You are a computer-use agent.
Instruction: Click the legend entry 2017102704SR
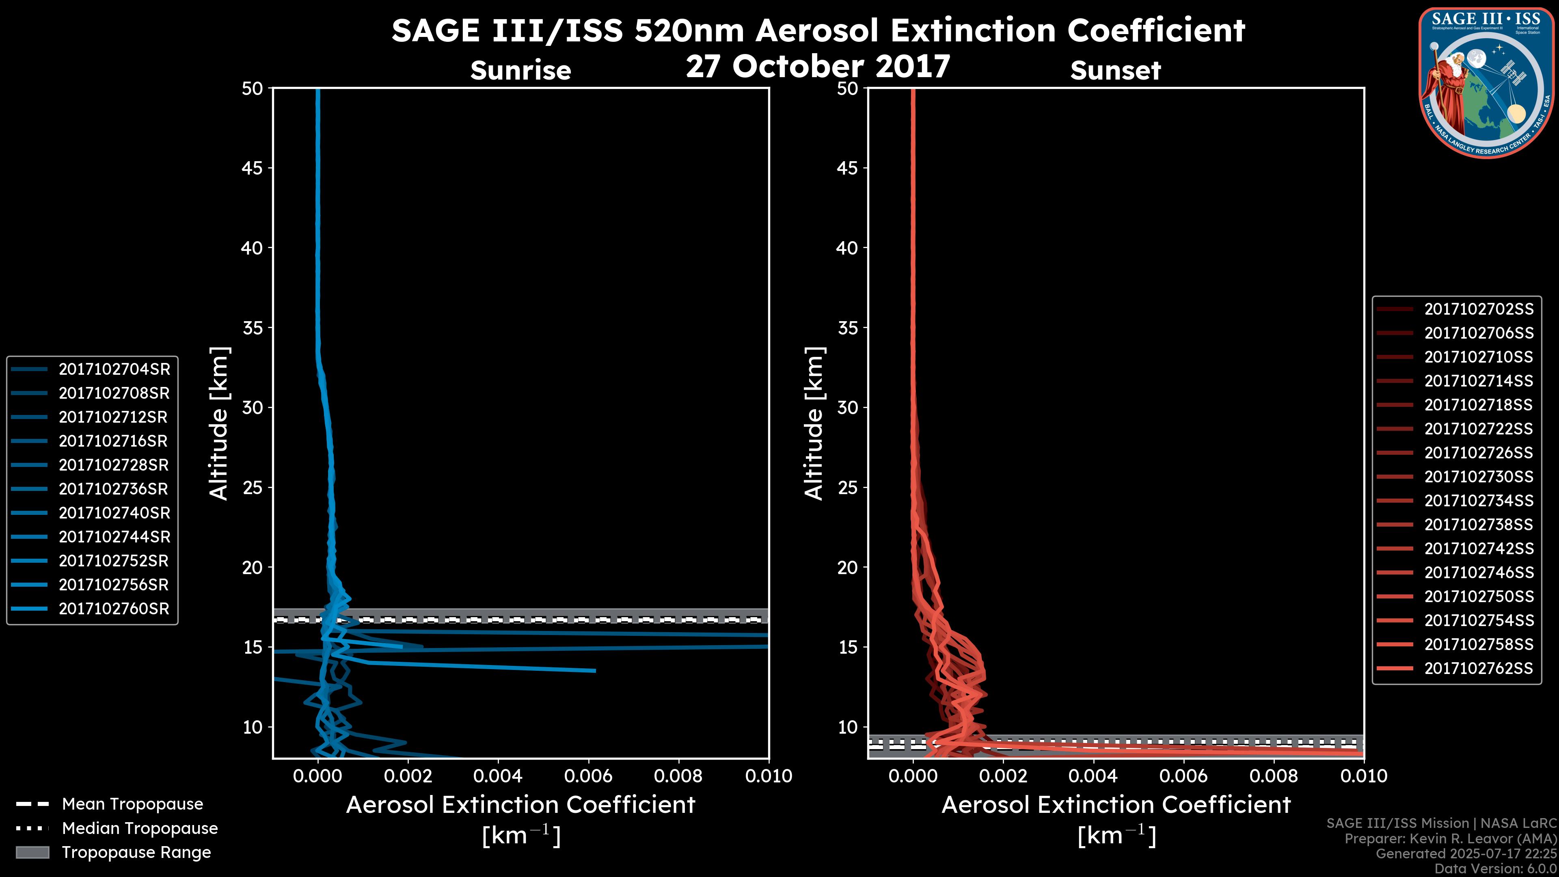pos(114,369)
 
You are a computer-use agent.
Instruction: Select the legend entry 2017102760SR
pos(114,609)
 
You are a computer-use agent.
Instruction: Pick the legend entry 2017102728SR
pos(114,465)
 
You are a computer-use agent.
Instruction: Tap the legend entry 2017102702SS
pos(1479,309)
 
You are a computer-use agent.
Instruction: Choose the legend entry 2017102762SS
pos(1479,668)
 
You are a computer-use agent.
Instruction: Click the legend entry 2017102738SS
pos(1479,525)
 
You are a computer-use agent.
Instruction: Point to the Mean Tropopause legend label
pos(132,804)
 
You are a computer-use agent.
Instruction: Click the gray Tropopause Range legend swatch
pos(32,852)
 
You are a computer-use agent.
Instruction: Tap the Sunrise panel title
pos(520,71)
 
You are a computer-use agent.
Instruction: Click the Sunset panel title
pos(1115,71)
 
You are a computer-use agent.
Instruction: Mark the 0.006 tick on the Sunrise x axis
pos(588,776)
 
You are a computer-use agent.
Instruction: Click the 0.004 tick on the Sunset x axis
pos(1093,776)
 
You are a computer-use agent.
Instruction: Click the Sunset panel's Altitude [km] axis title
pos(814,423)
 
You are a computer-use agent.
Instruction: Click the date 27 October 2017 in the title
pos(818,66)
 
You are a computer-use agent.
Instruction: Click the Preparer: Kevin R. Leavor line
pos(1450,839)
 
